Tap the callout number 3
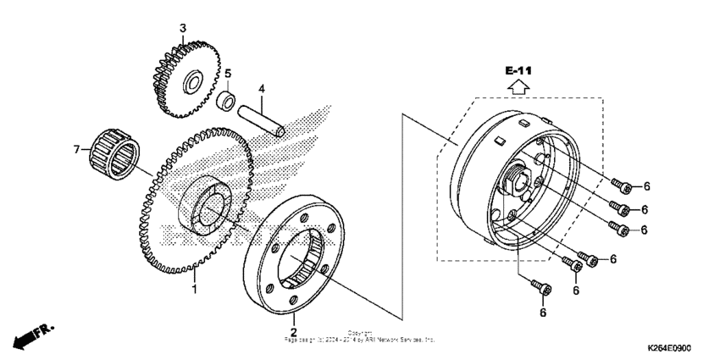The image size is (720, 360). pos(182,29)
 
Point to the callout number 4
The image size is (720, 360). pos(263,88)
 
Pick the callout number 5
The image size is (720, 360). pos(227,73)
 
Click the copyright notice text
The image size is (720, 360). pos(360,336)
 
